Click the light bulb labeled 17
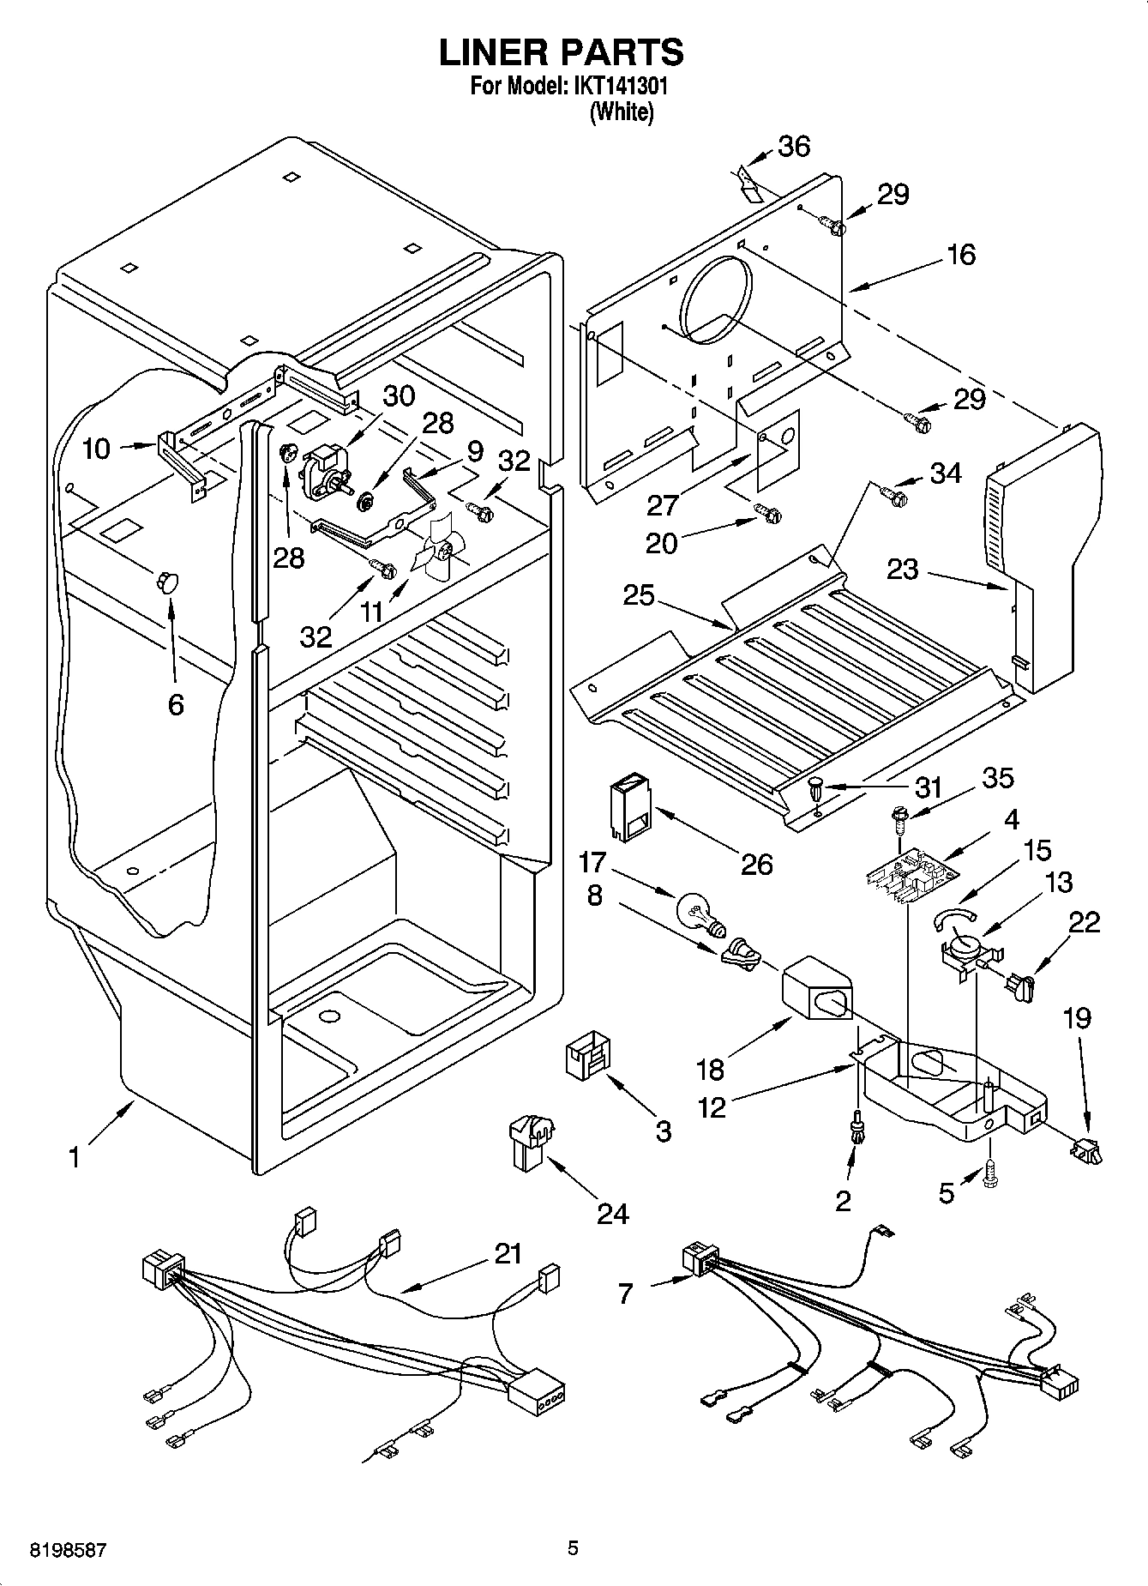coord(699,911)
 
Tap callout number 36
coord(794,147)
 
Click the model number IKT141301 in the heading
coord(617,87)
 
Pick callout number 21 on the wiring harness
coord(508,1253)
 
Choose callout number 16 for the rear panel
coord(961,255)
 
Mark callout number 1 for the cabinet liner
coord(75,1158)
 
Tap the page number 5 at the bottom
coord(573,1548)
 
